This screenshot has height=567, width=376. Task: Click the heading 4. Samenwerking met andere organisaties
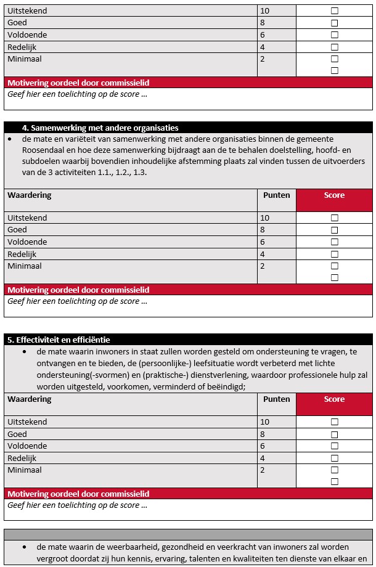pyautogui.click(x=100, y=128)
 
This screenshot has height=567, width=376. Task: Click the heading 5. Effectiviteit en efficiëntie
pyautogui.click(x=59, y=340)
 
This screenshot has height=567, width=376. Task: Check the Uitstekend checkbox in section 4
pyautogui.click(x=335, y=218)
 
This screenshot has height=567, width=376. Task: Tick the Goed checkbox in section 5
pyautogui.click(x=335, y=434)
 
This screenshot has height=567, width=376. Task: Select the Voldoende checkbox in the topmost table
pyautogui.click(x=335, y=35)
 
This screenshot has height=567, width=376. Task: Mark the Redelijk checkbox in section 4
pyautogui.click(x=335, y=254)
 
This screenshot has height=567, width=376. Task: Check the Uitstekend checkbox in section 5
pyautogui.click(x=335, y=422)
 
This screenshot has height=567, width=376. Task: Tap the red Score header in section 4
pyautogui.click(x=334, y=195)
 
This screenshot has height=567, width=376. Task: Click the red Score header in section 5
pyautogui.click(x=334, y=399)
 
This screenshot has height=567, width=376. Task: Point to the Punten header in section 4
pyautogui.click(x=276, y=195)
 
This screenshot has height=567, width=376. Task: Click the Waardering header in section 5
pyautogui.click(x=30, y=399)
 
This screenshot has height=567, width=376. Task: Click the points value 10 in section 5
pyautogui.click(x=265, y=422)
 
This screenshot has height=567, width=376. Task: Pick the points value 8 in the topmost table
pyautogui.click(x=263, y=23)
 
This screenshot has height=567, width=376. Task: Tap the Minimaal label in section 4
pyautogui.click(x=24, y=266)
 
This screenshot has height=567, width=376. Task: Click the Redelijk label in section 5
pyautogui.click(x=22, y=458)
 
